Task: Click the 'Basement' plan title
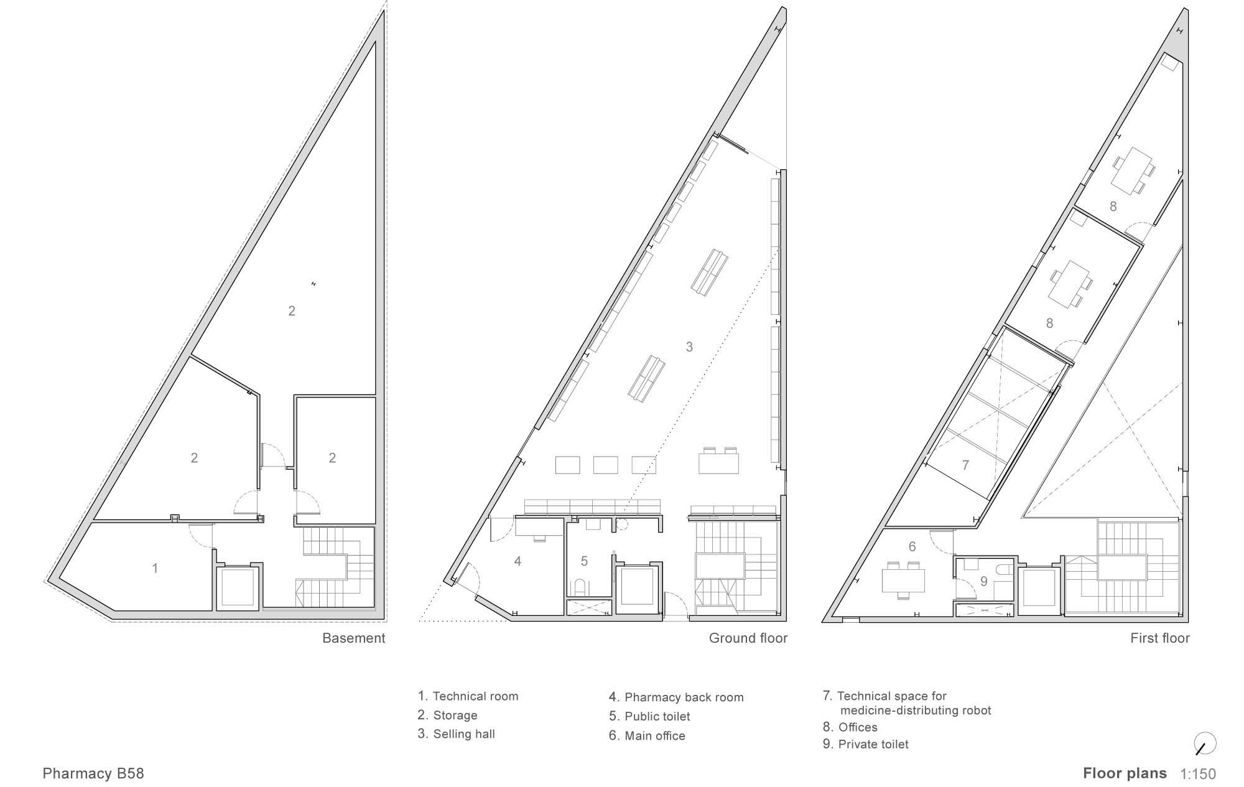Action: tap(353, 638)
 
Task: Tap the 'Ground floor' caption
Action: tap(748, 638)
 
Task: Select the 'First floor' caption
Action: tap(1159, 638)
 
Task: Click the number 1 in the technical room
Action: tap(155, 568)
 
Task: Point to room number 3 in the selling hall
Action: tap(689, 347)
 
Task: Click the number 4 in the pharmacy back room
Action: tap(518, 561)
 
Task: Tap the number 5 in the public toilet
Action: tap(584, 561)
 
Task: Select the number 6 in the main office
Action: tap(912, 547)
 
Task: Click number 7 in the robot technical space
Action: tap(965, 465)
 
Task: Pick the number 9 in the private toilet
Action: tap(983, 582)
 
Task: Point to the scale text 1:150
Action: tap(1198, 775)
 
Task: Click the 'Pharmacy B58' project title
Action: tap(93, 774)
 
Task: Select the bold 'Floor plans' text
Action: tap(1125, 773)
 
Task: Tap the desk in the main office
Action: tap(903, 580)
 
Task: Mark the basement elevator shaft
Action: tap(237, 586)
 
